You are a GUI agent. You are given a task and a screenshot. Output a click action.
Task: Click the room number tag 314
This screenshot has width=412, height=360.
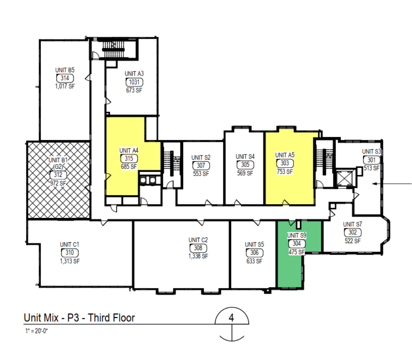[65, 78]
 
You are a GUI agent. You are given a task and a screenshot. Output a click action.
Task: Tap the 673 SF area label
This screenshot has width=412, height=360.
[134, 90]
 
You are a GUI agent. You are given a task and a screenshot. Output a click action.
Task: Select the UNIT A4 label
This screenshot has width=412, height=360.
[129, 150]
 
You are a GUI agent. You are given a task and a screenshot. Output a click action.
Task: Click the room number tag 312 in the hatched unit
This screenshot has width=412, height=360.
[58, 175]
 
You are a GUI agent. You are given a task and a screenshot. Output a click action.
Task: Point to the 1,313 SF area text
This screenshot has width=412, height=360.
[70, 261]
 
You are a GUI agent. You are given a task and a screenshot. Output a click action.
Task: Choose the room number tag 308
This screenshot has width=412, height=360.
[198, 248]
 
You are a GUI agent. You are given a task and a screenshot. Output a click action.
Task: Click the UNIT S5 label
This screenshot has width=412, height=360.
[254, 245]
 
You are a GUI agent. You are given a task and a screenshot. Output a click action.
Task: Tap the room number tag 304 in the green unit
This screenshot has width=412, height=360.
[297, 243]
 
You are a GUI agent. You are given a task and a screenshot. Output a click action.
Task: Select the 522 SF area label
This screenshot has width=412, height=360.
[352, 241]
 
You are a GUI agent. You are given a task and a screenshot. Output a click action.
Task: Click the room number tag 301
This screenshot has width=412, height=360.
[371, 160]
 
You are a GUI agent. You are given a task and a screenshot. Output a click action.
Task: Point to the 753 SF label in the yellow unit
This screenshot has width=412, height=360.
[285, 172]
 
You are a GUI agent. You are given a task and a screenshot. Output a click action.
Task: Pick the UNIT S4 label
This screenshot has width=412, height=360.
[245, 156]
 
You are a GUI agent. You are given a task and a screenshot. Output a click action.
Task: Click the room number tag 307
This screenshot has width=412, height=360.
[201, 166]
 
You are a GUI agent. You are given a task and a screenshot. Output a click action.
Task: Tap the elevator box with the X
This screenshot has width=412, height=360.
[345, 178]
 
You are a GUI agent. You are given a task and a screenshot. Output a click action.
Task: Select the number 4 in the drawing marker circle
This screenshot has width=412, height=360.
[231, 318]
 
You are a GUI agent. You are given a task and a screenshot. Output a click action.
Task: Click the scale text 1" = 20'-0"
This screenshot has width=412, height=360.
[36, 331]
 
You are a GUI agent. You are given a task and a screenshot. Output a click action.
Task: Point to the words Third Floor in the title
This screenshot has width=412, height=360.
[111, 318]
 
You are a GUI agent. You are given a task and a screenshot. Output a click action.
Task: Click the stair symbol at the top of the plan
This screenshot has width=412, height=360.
[113, 49]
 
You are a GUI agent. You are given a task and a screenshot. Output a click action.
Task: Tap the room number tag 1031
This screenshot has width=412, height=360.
[134, 82]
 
